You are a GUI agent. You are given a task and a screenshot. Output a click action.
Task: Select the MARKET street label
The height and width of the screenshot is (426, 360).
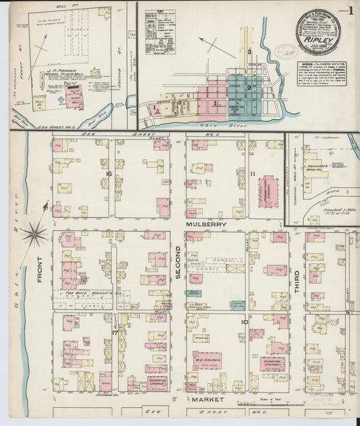207,400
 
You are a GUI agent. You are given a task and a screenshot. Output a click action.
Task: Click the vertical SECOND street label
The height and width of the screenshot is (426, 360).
178,261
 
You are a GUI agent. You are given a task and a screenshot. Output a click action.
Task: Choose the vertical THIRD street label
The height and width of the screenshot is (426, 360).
296,278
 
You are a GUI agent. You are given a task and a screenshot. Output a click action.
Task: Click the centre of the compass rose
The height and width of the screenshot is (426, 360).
33,234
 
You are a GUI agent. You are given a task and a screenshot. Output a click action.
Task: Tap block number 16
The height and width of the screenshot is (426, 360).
108,174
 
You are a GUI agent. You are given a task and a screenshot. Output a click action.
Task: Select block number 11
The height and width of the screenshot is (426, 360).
251,174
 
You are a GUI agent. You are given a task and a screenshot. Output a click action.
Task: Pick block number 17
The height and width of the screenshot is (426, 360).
115,333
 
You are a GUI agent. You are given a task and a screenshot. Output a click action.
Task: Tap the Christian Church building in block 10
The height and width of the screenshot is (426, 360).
272,363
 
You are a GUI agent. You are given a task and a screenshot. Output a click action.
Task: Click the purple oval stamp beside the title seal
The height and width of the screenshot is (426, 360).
283,53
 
